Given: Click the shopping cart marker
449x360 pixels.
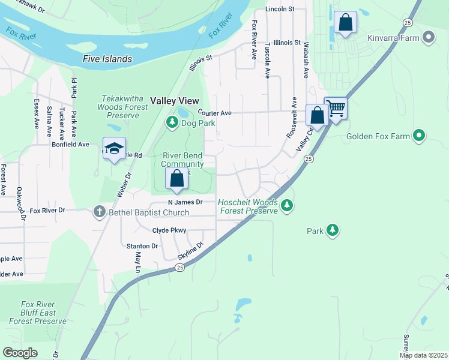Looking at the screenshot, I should tap(336, 109).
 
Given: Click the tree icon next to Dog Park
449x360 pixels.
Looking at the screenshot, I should tap(172, 123).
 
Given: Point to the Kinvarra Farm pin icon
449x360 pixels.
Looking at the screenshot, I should tap(429, 38).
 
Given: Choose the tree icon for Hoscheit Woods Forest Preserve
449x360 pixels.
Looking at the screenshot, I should tap(288, 206).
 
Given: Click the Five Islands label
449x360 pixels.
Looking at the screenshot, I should tap(107, 59).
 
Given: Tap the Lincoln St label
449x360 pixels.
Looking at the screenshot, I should tap(280, 9).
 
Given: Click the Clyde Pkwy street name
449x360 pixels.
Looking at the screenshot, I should tap(169, 230).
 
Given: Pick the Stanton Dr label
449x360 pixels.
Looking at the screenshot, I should tap(142, 246).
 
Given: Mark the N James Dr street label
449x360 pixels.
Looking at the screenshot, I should tap(185, 202).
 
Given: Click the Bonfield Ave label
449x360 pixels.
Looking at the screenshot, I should tap(70, 145).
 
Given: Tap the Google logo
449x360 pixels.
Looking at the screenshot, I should tap(20, 353).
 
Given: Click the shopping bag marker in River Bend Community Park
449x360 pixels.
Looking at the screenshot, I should tap(176, 179).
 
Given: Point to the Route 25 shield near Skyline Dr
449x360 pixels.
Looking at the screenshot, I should tap(179, 268).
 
